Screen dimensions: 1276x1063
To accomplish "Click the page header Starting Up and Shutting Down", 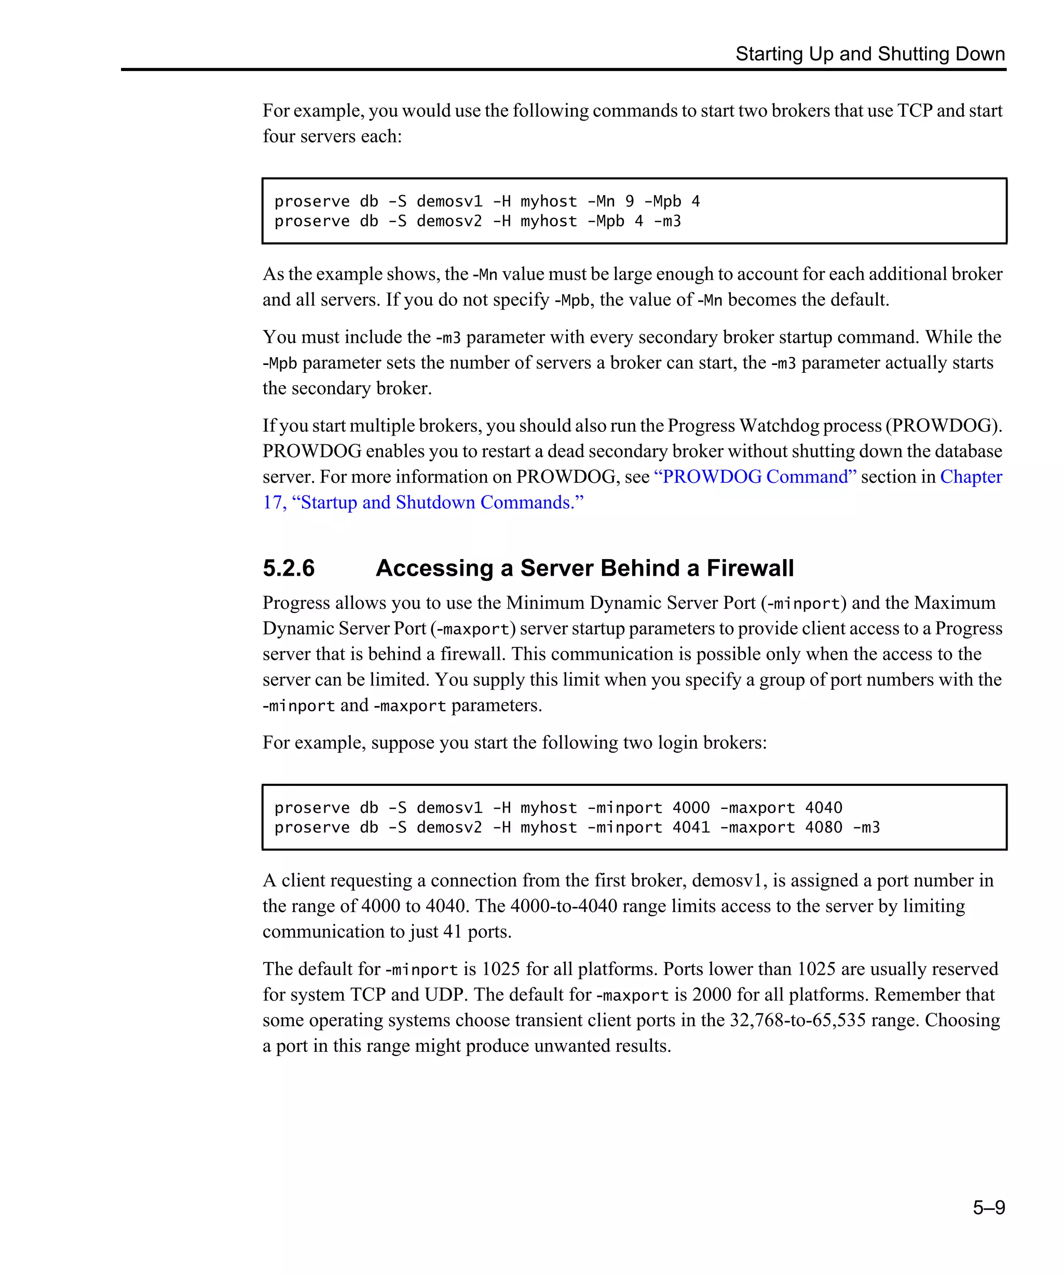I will [x=870, y=53].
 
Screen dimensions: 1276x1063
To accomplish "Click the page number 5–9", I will [x=988, y=1207].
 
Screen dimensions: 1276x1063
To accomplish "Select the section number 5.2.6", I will [x=289, y=568].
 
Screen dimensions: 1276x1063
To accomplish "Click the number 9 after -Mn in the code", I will [x=629, y=201].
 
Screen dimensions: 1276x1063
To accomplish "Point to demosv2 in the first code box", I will [x=449, y=221].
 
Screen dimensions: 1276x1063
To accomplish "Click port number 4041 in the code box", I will [x=691, y=827].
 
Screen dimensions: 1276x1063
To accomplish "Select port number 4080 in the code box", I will [x=823, y=827].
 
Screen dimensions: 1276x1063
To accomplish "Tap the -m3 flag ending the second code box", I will [x=866, y=827].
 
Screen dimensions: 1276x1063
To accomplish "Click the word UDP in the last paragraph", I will [x=446, y=995].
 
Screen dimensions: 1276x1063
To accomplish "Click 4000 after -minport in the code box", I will [x=691, y=808].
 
